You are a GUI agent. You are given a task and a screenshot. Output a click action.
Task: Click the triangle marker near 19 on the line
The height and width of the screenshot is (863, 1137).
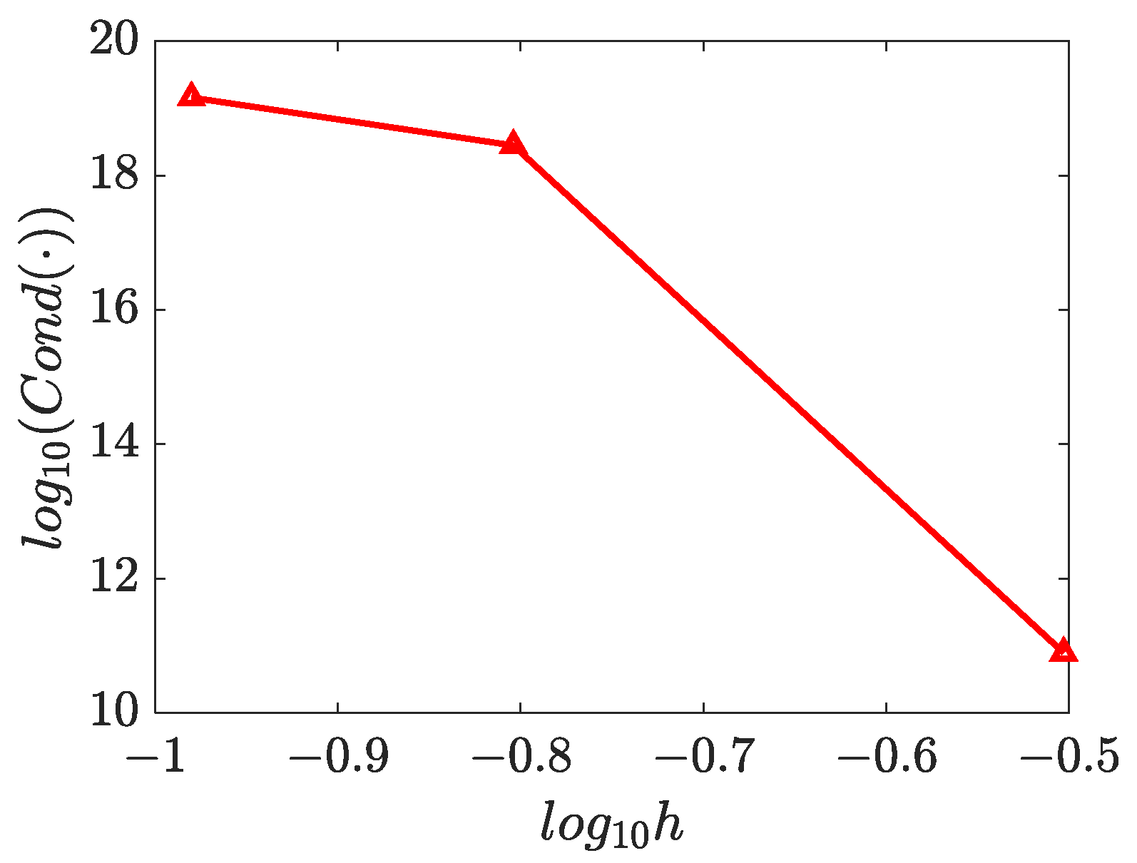click(x=191, y=96)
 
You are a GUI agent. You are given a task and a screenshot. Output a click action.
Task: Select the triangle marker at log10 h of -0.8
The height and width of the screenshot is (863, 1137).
click(x=512, y=144)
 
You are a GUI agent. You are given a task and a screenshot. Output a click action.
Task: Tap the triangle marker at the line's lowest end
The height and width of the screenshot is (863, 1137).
click(x=1063, y=651)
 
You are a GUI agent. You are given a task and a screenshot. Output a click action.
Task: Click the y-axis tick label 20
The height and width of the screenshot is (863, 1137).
click(x=113, y=41)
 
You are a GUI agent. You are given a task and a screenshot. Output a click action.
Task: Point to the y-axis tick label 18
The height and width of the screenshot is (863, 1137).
click(x=113, y=175)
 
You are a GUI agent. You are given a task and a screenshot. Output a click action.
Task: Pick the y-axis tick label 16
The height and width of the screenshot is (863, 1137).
click(x=113, y=310)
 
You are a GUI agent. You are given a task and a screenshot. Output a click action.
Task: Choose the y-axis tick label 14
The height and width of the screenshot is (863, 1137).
click(x=113, y=444)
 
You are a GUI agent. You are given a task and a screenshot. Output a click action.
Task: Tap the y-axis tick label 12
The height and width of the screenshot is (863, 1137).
click(x=113, y=578)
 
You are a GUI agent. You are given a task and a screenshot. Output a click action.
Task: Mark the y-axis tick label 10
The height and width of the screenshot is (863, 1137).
click(x=113, y=712)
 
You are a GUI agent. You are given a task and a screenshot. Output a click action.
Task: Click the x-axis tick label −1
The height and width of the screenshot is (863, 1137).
click(x=155, y=757)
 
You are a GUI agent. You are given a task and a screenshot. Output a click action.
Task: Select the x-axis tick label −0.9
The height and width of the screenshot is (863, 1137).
click(x=338, y=757)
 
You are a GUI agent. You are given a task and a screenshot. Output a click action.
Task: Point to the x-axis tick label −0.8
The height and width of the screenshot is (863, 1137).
click(x=521, y=757)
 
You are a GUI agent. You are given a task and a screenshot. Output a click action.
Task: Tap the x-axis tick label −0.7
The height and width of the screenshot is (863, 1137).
click(x=703, y=757)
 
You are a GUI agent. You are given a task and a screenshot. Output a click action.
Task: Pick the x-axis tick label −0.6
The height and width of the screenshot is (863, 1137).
click(x=886, y=757)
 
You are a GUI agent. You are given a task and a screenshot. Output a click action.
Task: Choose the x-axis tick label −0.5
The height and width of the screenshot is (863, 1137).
click(x=1069, y=757)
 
